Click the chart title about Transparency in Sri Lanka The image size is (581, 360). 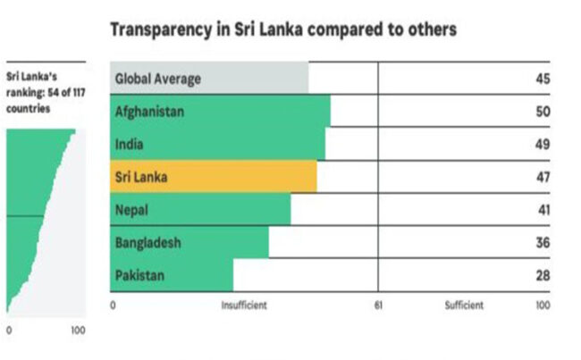[282, 30]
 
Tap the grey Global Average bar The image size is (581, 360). [209, 79]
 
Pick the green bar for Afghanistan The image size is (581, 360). [220, 112]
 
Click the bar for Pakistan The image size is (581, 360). [172, 275]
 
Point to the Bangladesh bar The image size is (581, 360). [189, 242]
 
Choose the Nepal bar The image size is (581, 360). [200, 210]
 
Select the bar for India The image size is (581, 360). [217, 144]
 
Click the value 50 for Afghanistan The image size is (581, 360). [543, 112]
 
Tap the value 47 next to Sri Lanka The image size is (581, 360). [543, 177]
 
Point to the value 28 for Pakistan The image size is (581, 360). [543, 275]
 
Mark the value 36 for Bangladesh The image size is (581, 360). [543, 242]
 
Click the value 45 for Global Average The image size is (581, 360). [543, 79]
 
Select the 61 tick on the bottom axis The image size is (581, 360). [378, 306]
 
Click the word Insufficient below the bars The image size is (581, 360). [244, 306]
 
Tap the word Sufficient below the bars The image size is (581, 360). [464, 306]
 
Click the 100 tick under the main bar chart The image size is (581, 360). [543, 306]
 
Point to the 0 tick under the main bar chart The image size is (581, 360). [114, 306]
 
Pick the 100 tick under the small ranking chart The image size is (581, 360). [78, 331]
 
